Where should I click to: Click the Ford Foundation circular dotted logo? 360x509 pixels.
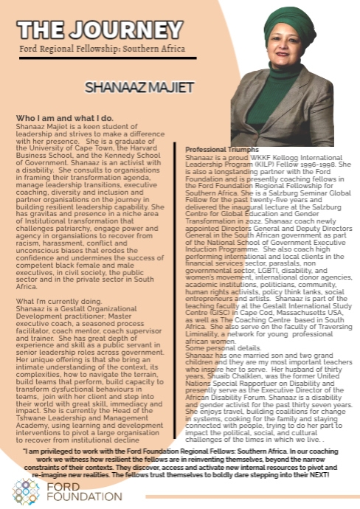tap(26, 490)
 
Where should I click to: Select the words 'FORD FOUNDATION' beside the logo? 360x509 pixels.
tap(69, 491)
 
